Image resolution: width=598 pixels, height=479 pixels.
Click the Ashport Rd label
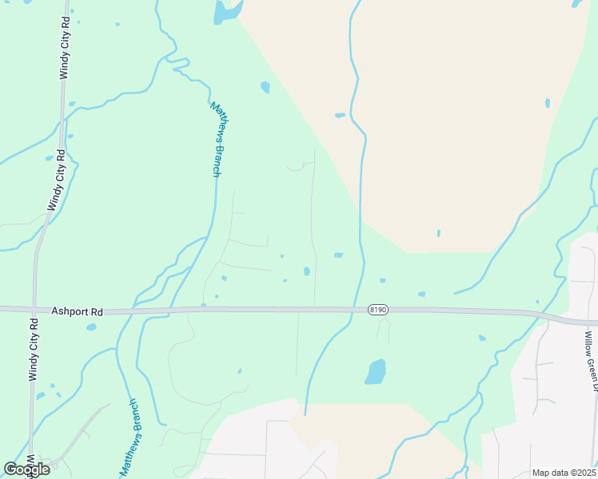[x=78, y=311]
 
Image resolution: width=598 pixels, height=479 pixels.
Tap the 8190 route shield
[x=378, y=310]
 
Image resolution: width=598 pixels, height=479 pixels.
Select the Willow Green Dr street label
[x=590, y=362]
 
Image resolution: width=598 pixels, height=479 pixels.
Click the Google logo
[x=26, y=469]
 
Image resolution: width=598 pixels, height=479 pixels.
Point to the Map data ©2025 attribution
[x=564, y=473]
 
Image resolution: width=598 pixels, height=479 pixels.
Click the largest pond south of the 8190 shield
[x=375, y=371]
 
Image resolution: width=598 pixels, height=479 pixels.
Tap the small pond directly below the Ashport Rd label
[x=91, y=327]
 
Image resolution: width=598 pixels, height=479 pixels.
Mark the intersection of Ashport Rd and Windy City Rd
[x=34, y=309]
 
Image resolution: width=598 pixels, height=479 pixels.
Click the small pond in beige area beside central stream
[x=340, y=115]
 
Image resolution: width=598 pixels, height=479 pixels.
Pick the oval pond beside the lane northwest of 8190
[x=307, y=271]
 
